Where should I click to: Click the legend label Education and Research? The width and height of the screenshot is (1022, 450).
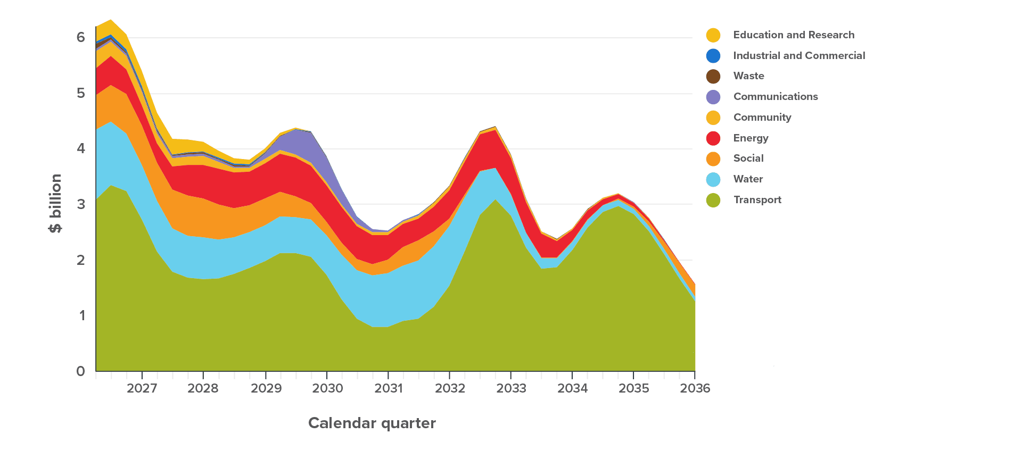point(794,35)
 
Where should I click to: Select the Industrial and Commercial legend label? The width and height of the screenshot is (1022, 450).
point(799,56)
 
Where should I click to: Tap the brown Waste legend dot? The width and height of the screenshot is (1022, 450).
point(713,77)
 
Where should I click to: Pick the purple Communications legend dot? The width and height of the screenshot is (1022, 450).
point(713,97)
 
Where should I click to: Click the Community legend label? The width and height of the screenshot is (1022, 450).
point(762,118)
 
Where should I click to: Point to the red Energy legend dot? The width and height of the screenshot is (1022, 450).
point(713,138)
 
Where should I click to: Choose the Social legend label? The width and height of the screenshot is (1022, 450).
point(748,159)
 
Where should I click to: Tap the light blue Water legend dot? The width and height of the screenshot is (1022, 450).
point(713,180)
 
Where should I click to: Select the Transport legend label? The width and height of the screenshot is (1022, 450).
point(757,200)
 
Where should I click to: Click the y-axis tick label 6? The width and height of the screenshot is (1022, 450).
point(80,37)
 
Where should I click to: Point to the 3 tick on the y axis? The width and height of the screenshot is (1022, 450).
point(80,204)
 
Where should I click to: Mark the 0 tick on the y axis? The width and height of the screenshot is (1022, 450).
point(80,371)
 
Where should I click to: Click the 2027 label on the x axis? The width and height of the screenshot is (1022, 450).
point(142,388)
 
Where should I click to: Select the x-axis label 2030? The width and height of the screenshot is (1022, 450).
point(327,388)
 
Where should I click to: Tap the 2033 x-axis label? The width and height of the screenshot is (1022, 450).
point(511,388)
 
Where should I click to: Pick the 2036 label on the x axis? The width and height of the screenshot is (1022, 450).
point(695,388)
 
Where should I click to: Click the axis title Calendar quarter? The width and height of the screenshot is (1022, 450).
point(372,423)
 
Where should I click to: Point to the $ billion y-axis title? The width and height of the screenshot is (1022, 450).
point(55,203)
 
